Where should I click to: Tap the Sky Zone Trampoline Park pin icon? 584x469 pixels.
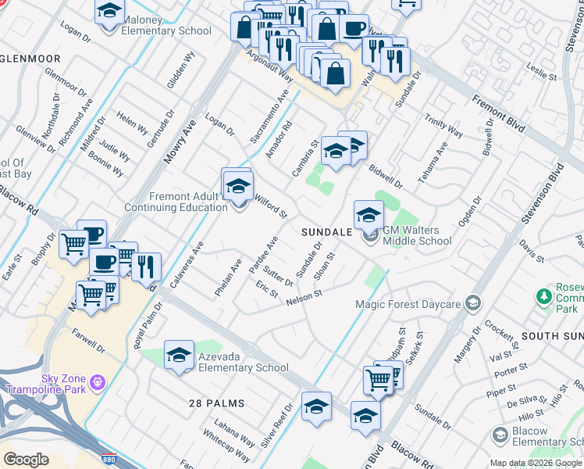click(97, 382)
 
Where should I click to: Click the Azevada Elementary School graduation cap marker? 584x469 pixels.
click(179, 355)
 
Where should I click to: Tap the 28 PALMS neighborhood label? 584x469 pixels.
click(216, 403)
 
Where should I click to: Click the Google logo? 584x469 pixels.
click(25, 460)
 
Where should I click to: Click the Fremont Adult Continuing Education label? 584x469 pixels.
click(176, 202)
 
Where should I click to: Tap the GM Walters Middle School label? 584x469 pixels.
click(417, 235)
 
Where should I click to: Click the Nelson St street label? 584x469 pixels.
click(304, 297)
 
